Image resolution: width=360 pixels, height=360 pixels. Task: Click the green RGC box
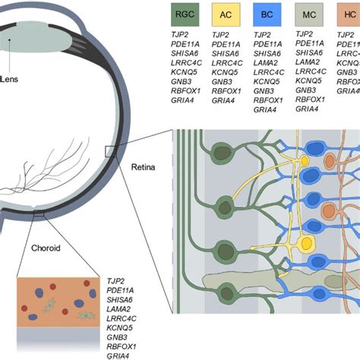[185, 14]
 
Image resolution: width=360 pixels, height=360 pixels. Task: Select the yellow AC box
[226, 14]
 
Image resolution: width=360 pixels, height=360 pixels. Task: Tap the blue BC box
[267, 14]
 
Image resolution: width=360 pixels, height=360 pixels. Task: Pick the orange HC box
[348, 14]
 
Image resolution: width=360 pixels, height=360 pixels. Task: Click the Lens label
[11, 77]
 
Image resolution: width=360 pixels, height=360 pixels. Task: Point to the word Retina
[144, 166]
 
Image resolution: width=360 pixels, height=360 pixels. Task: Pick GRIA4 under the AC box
[223, 99]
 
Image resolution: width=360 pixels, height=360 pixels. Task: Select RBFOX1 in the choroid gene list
[124, 345]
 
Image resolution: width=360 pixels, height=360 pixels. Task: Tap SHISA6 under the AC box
[226, 56]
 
